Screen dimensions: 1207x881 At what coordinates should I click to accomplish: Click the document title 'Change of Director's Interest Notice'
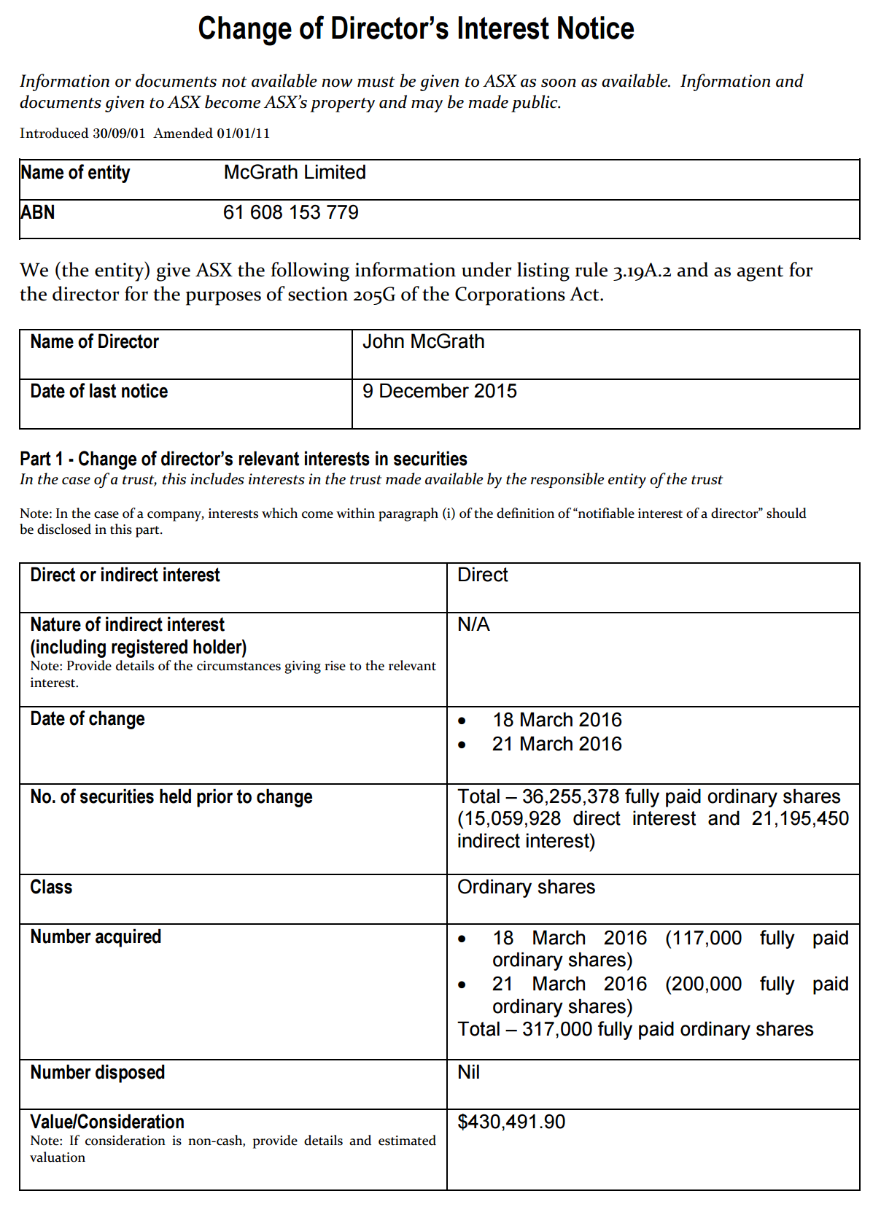(x=416, y=28)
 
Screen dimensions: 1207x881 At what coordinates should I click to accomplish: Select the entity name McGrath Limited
(x=295, y=173)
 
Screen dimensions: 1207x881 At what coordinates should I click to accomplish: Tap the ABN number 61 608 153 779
(x=290, y=213)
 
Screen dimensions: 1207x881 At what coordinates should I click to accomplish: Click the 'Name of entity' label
(x=75, y=173)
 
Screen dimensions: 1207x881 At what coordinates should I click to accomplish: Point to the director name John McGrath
(x=423, y=342)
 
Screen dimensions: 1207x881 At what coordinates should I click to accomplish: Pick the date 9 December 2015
(x=439, y=392)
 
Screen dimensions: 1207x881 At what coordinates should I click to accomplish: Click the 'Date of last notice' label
(x=98, y=392)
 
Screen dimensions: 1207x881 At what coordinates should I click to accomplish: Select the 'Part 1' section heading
(x=243, y=459)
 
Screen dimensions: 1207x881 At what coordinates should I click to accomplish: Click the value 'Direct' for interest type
(x=482, y=575)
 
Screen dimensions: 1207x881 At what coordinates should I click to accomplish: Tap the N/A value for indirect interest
(x=473, y=625)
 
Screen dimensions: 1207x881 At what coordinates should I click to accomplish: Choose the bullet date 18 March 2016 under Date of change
(x=556, y=721)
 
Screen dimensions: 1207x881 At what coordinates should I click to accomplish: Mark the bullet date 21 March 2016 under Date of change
(x=556, y=745)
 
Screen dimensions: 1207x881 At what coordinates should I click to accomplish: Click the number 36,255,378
(x=570, y=797)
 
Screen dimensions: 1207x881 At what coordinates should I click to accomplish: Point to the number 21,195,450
(x=800, y=819)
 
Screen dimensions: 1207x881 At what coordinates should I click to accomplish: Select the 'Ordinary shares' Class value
(x=526, y=888)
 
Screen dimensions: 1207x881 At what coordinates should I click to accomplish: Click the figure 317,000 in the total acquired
(x=557, y=1030)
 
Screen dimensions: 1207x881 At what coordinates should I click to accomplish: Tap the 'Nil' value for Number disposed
(x=468, y=1073)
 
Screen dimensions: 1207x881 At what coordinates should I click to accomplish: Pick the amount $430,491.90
(x=511, y=1122)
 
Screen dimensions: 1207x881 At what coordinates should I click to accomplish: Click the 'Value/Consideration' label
(x=107, y=1122)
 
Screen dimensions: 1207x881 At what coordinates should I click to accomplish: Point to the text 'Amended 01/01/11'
(x=211, y=133)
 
